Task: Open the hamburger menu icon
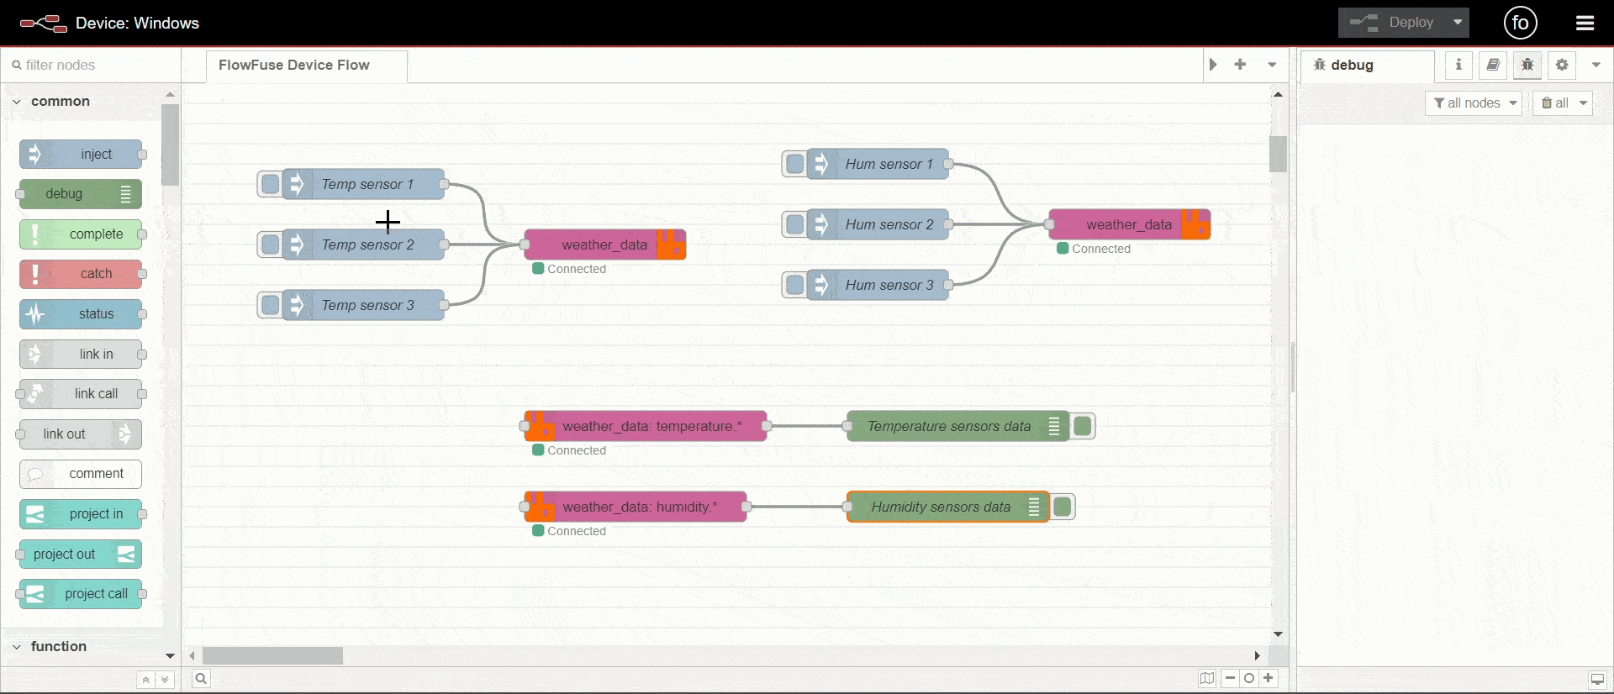coord(1585,23)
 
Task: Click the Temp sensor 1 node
coord(367,184)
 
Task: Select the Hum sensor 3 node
coord(889,285)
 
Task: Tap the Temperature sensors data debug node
coord(948,426)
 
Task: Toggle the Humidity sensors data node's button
coord(1063,507)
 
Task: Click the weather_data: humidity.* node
coord(640,507)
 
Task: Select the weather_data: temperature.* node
coord(651,426)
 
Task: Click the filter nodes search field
coord(92,65)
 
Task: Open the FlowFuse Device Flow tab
coord(294,65)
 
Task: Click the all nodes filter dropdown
coord(1474,103)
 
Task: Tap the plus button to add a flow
coord(1240,65)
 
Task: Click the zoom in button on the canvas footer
coord(1269,678)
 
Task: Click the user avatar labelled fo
coord(1520,23)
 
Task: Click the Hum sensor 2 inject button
coord(795,224)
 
